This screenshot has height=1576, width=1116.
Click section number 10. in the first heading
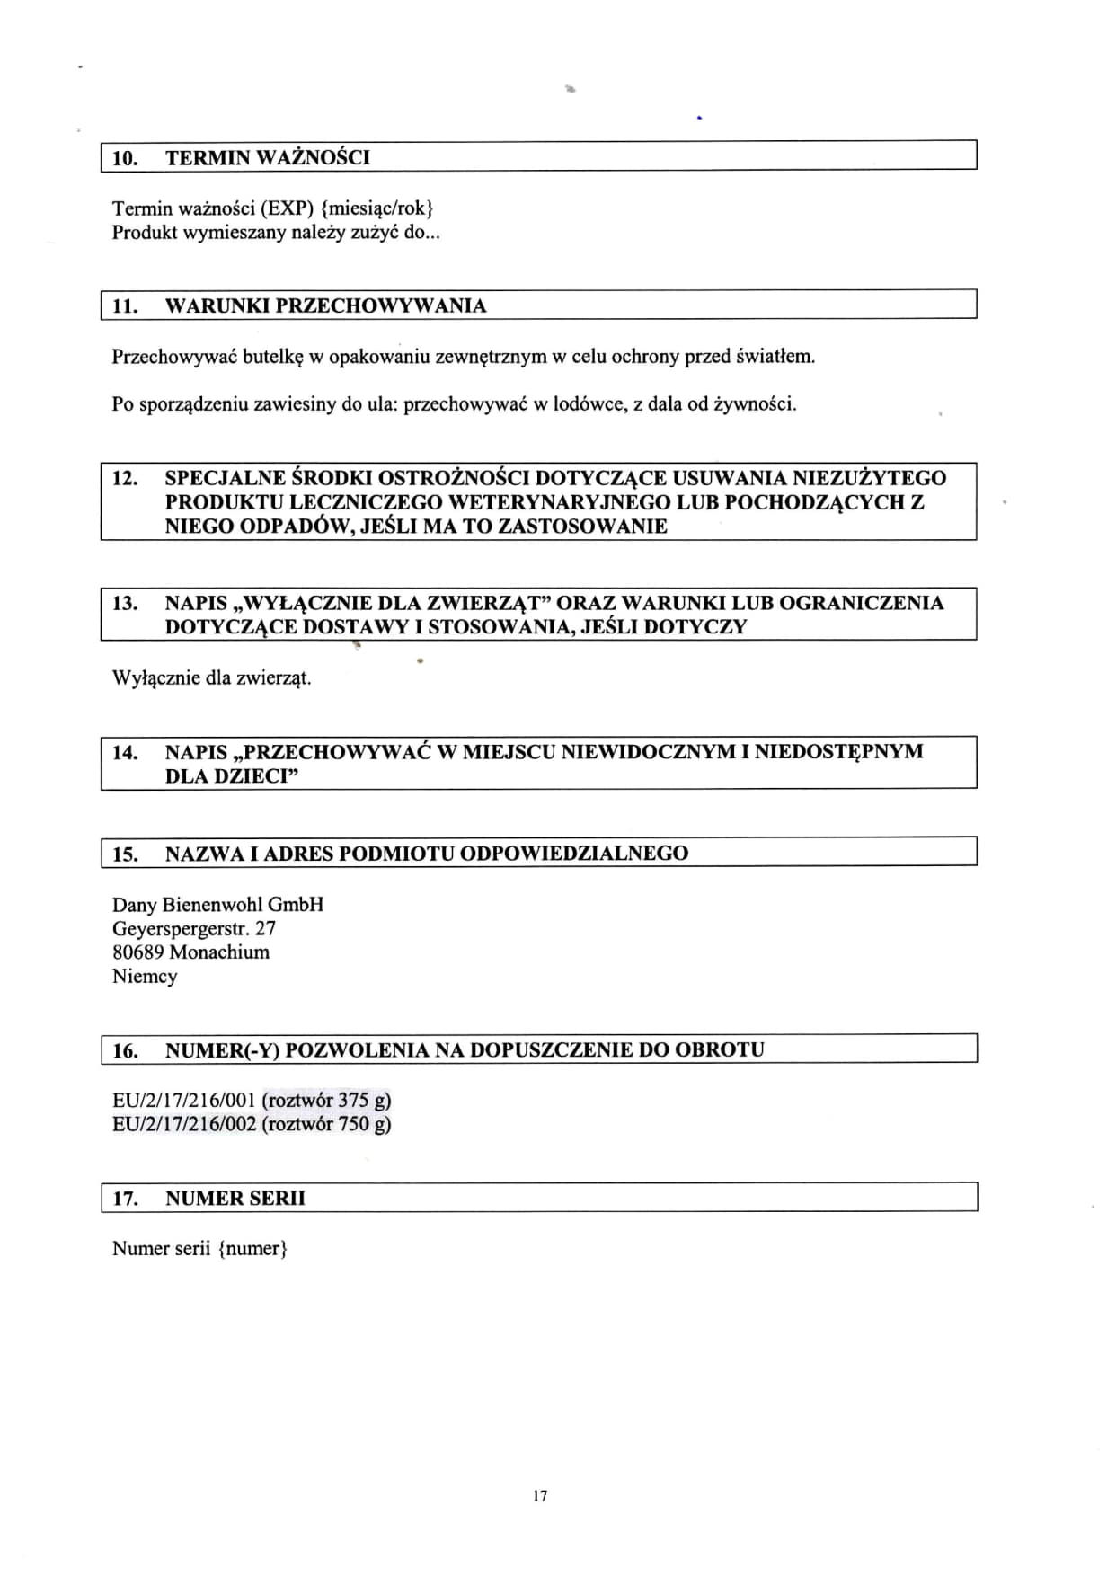(x=125, y=158)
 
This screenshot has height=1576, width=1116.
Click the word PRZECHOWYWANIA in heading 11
(x=381, y=305)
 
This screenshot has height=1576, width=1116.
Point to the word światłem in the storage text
(x=775, y=357)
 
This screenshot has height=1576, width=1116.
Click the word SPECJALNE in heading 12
(x=220, y=478)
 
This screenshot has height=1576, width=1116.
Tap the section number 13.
(x=125, y=603)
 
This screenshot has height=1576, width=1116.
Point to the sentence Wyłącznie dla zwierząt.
(x=212, y=678)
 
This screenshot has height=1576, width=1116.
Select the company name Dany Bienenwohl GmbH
(x=218, y=905)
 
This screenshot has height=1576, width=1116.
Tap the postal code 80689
(x=137, y=952)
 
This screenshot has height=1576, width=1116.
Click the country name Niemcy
(x=145, y=977)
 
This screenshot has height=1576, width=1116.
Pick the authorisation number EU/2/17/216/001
(x=184, y=1101)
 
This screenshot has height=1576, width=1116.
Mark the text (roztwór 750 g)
(x=327, y=1124)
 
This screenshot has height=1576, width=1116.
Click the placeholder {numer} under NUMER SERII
(x=252, y=1249)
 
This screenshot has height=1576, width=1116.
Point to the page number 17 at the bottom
(x=540, y=1496)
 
